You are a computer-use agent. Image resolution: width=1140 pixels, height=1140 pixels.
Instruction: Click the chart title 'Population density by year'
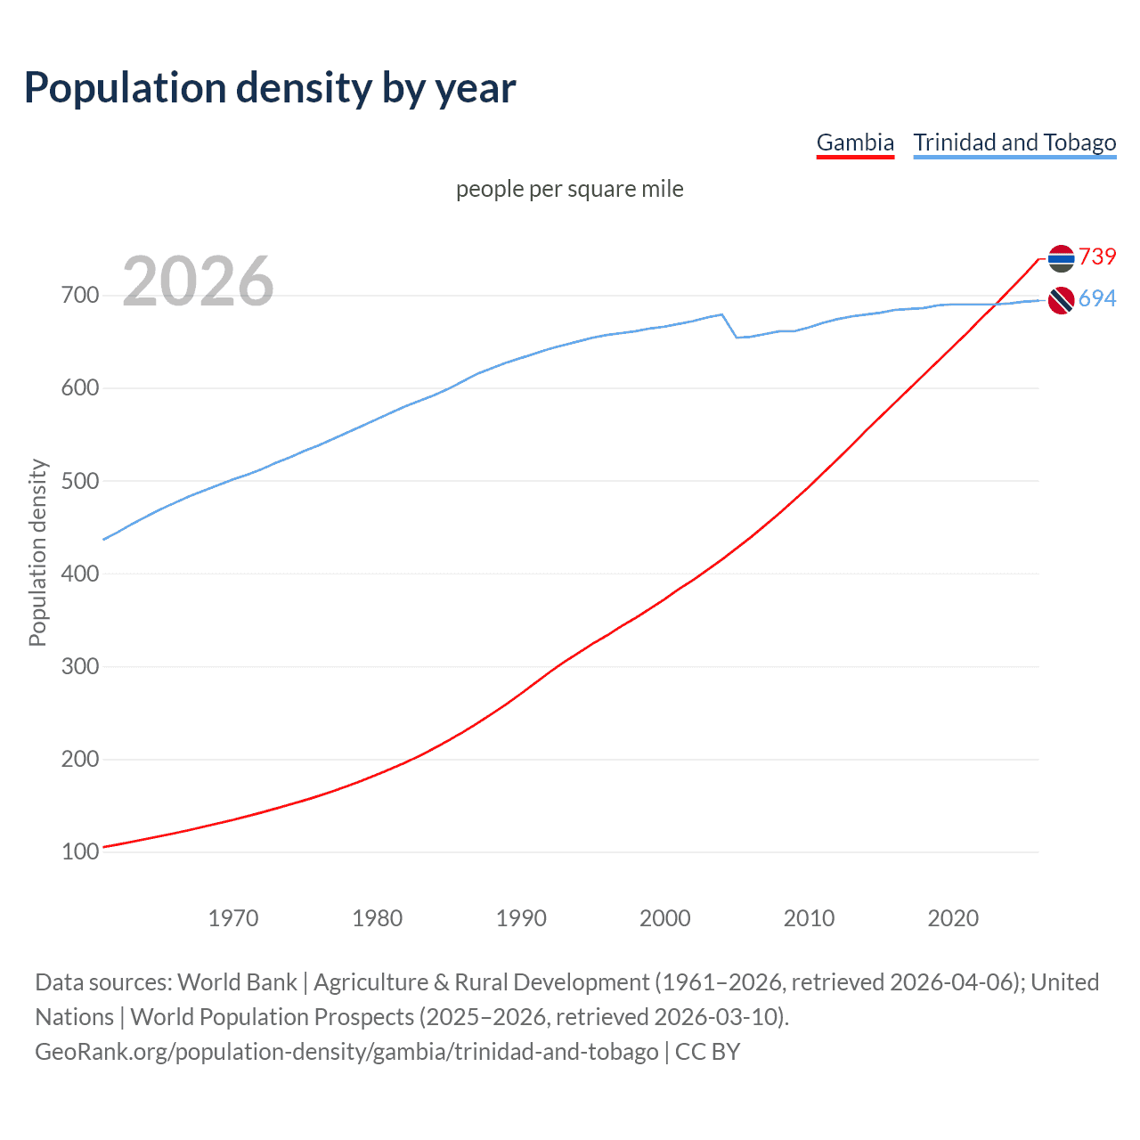(270, 88)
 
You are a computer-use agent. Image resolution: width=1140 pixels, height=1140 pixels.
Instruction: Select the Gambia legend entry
(855, 142)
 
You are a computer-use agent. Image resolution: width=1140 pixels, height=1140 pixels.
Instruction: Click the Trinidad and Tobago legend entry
(1014, 142)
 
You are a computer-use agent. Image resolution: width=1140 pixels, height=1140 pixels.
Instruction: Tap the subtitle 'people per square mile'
(570, 189)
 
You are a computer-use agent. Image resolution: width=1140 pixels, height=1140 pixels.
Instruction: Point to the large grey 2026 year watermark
(198, 281)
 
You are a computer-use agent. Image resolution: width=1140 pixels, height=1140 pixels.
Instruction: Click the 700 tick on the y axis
(80, 295)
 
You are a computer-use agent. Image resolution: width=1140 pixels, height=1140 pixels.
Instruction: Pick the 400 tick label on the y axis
(80, 574)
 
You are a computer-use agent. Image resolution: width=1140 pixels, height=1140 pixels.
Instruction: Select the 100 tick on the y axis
(80, 851)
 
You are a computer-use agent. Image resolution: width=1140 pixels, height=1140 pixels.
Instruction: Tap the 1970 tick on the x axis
(233, 918)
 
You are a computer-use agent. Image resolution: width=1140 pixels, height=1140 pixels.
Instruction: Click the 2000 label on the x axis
(664, 918)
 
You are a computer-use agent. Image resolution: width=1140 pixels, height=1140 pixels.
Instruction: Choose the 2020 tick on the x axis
(953, 918)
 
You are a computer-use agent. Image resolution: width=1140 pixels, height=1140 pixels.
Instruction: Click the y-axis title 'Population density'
(37, 552)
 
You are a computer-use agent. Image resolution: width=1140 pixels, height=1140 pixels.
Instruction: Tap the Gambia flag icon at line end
(1061, 258)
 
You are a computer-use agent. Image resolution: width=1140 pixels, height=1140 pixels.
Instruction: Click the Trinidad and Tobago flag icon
(1061, 301)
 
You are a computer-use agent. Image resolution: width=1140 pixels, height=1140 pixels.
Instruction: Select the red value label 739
(1097, 256)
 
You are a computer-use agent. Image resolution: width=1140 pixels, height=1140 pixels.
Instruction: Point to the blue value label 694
(1097, 298)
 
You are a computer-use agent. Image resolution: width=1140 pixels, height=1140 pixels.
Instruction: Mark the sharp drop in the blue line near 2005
(729, 326)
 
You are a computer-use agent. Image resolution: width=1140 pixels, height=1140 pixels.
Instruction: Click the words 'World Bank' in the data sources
(237, 981)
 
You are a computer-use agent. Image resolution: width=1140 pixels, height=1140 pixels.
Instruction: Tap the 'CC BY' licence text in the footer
(707, 1051)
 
